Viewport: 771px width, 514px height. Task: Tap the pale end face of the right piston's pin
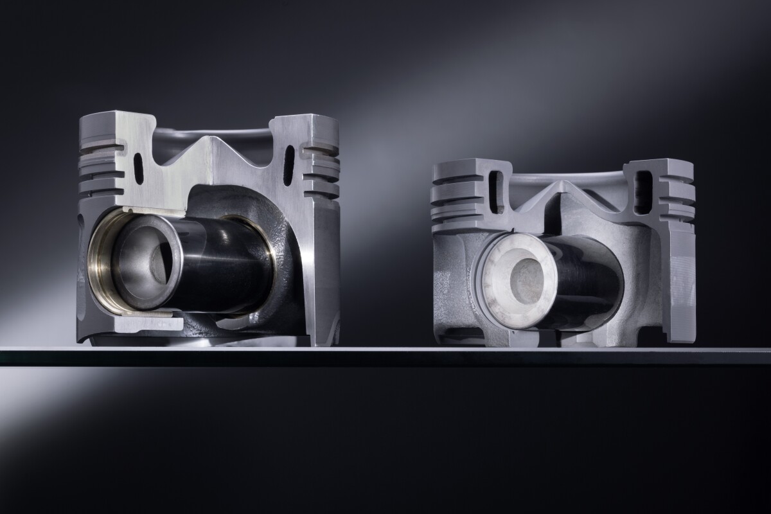pos(518,283)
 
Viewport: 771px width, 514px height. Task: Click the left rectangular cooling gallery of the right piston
pos(495,191)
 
